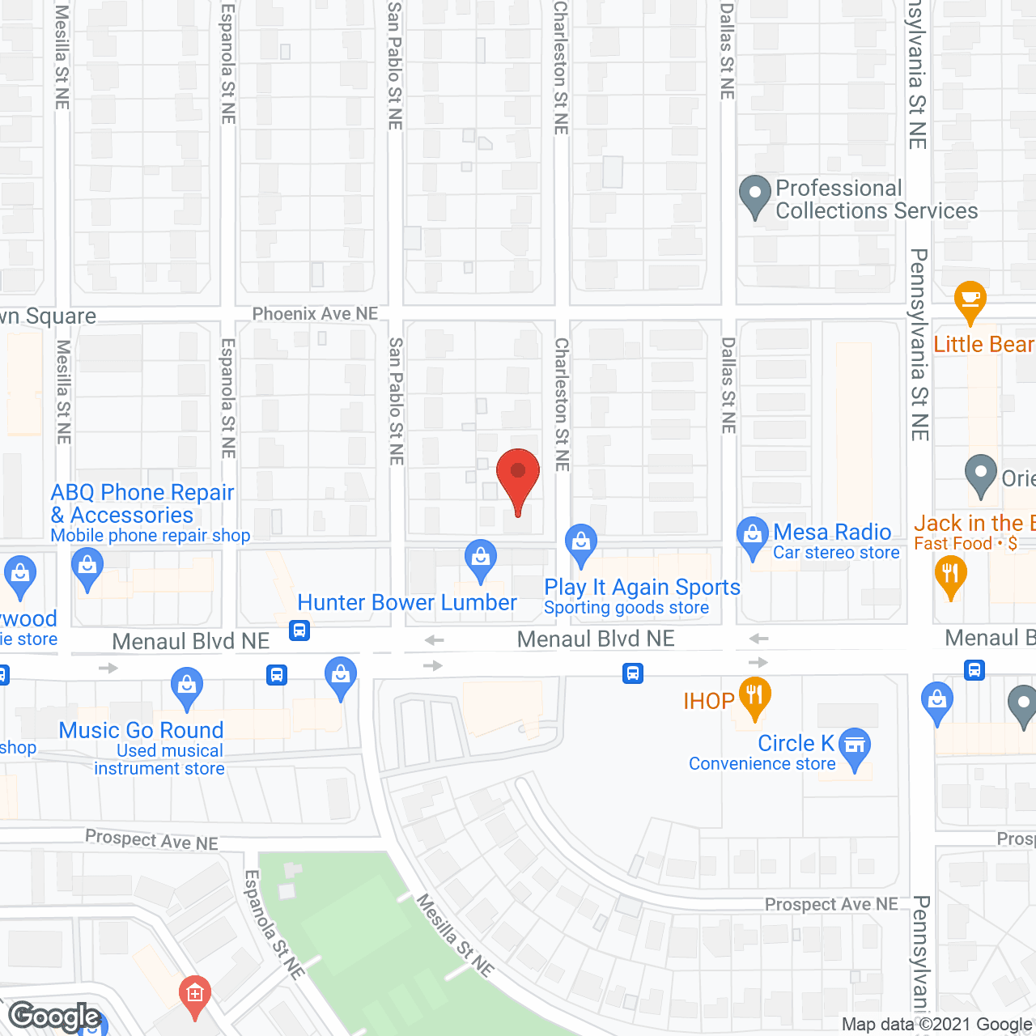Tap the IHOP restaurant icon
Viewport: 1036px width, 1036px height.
754,696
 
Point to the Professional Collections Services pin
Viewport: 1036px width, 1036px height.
755,196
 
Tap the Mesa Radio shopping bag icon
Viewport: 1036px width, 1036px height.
753,536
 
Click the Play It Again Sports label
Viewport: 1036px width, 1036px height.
642,588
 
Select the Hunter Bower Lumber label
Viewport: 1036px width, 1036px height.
407,603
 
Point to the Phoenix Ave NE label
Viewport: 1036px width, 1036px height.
315,314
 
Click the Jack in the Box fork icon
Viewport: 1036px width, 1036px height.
950,576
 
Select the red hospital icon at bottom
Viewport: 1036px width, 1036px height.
194,992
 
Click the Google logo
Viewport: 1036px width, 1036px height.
55,1017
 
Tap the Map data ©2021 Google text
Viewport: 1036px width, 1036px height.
937,1025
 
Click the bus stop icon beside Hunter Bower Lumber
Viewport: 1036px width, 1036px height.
299,630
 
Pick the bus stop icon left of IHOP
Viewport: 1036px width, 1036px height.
633,673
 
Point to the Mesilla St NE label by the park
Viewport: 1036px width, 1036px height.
455,935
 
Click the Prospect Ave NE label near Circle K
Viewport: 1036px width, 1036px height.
831,904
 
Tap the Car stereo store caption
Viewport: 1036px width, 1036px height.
836,553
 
